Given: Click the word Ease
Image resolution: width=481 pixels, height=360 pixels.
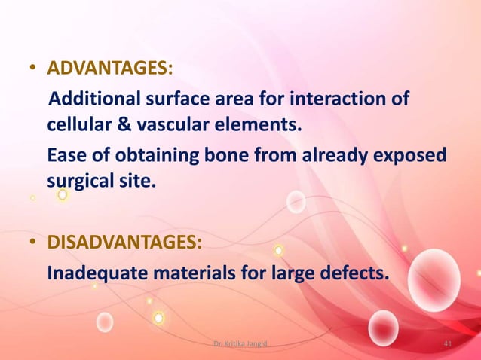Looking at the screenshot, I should pos(66,155).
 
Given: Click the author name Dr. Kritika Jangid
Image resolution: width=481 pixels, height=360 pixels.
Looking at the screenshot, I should pos(240,344).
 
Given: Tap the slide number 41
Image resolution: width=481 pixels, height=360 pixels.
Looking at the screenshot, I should pos(448,344).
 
